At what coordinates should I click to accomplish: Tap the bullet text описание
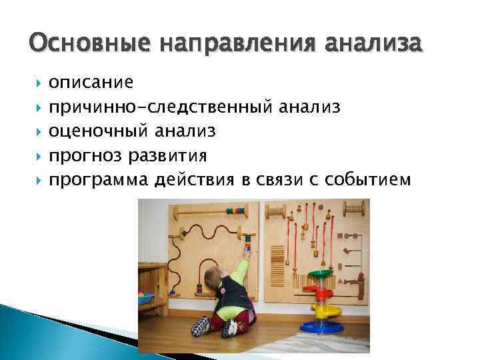point(91,83)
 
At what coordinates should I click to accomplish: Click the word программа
point(99,180)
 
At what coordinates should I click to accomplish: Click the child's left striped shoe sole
point(201,326)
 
